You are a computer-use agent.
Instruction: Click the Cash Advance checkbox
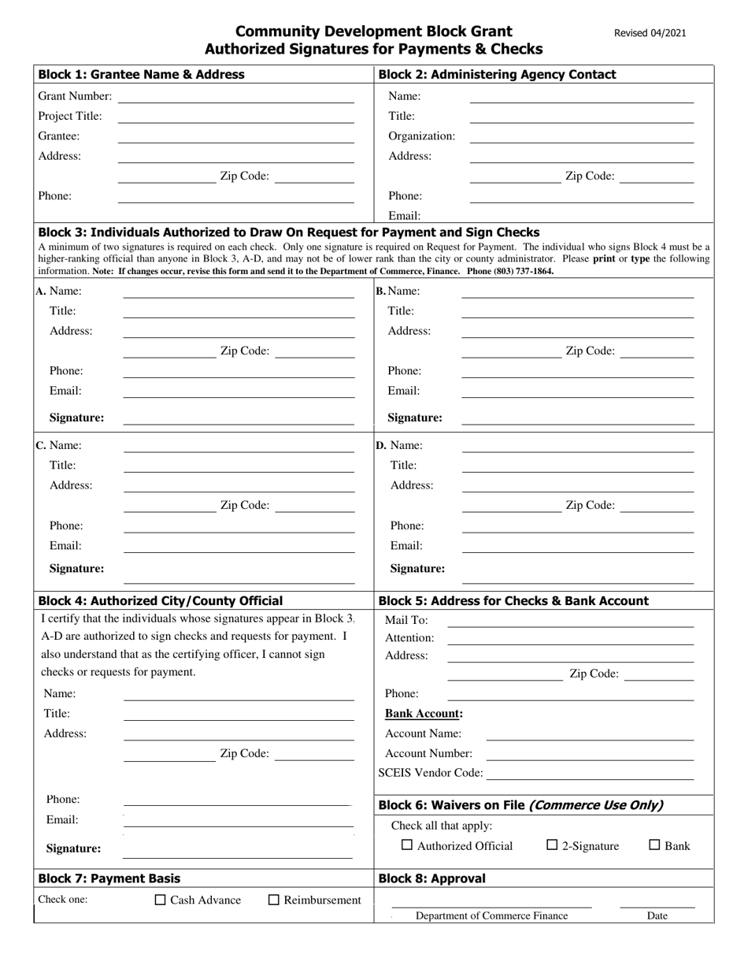pyautogui.click(x=161, y=900)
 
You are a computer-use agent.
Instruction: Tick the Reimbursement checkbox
pyautogui.click(x=274, y=900)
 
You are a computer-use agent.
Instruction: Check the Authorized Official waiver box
pyautogui.click(x=407, y=845)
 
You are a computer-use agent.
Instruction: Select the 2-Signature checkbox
pyautogui.click(x=552, y=845)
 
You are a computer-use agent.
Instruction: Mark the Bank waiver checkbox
pyautogui.click(x=654, y=845)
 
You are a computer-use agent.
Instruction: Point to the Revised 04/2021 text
pyautogui.click(x=650, y=33)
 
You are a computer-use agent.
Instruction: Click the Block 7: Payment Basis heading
pyautogui.click(x=109, y=878)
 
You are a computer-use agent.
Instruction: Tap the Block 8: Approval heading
pyautogui.click(x=432, y=878)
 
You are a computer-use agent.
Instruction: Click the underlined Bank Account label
pyautogui.click(x=424, y=714)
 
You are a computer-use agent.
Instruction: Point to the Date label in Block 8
pyautogui.click(x=657, y=915)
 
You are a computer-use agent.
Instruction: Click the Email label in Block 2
pyautogui.click(x=405, y=215)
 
